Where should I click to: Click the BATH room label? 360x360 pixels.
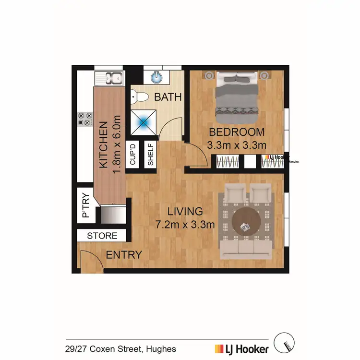(x=168, y=96)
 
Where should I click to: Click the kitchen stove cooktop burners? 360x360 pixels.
(x=84, y=119)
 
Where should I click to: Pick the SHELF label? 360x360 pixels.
(x=150, y=154)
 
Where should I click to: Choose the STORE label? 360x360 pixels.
(x=102, y=236)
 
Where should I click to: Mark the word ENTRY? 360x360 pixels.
(x=124, y=255)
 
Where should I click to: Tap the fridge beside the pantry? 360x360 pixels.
(x=113, y=214)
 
